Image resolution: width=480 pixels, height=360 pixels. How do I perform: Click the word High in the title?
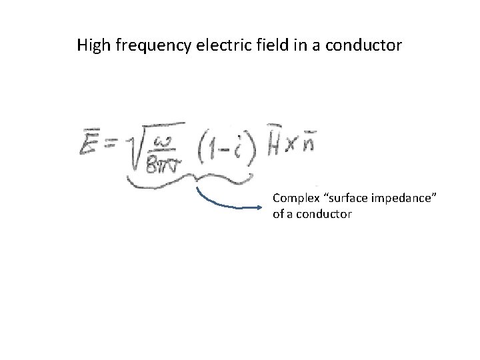tap(91, 47)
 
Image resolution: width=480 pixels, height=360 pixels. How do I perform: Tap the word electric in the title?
tap(209, 47)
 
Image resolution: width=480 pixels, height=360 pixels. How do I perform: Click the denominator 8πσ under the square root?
tap(159, 157)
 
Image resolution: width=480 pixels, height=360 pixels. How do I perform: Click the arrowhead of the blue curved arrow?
tap(261, 207)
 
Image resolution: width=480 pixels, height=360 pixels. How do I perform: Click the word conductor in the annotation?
tap(328, 215)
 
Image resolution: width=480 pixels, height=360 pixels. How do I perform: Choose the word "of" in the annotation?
tap(278, 215)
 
